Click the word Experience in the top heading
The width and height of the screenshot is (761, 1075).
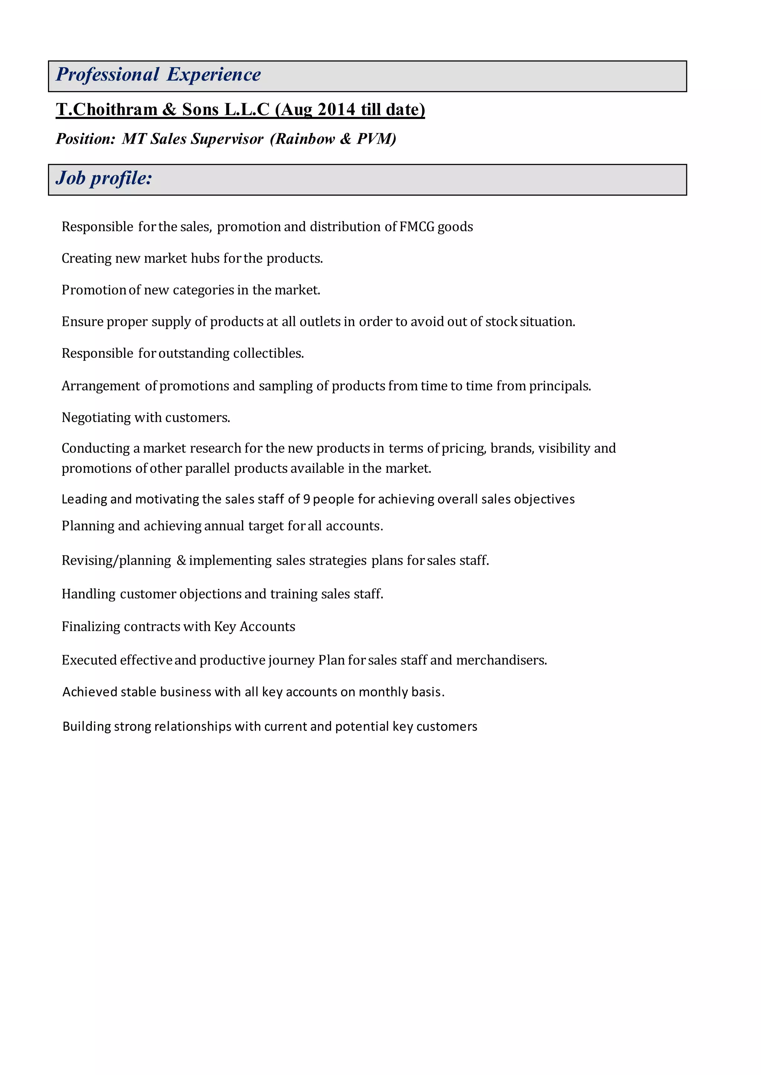(214, 74)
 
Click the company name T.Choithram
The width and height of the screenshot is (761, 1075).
(106, 110)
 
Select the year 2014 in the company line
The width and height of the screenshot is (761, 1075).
(336, 110)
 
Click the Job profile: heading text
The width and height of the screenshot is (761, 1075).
(104, 178)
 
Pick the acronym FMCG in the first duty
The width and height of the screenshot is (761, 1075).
(417, 227)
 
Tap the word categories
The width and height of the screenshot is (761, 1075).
(203, 290)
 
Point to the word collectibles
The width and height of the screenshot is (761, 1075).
(268, 353)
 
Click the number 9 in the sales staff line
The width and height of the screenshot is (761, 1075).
(307, 499)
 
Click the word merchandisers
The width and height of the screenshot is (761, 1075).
(501, 660)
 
